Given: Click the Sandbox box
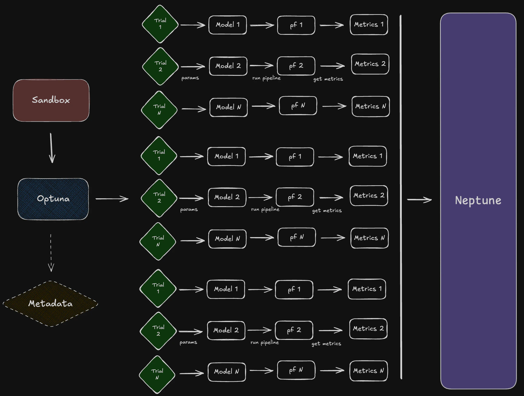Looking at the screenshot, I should coord(51,100).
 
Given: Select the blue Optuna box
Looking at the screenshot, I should coord(53,199).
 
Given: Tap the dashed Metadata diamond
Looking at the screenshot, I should coord(50,304).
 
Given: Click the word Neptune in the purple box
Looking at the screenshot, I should coord(478,200).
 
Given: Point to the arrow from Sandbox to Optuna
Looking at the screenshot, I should coord(52,148).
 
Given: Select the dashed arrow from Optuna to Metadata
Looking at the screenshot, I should coord(51,253).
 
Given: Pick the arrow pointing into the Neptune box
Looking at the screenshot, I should coord(419,200).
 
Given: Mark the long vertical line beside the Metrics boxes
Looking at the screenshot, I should coord(401,197).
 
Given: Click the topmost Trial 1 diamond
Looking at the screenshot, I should coord(160,24).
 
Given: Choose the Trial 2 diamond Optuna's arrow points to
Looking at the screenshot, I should coord(159,198).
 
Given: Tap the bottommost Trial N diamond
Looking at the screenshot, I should coord(157,374).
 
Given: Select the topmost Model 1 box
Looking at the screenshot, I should coord(227,25).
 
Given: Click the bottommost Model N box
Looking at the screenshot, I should coord(227,372).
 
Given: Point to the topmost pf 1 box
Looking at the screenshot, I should coord(296,25).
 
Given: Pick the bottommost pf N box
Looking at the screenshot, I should coord(296,370).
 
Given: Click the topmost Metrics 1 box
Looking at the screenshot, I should coord(369,25).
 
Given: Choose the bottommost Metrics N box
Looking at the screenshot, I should coord(368,371).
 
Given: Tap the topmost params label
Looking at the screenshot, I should coord(190,78).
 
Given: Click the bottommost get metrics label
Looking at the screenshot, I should coord(326,344).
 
